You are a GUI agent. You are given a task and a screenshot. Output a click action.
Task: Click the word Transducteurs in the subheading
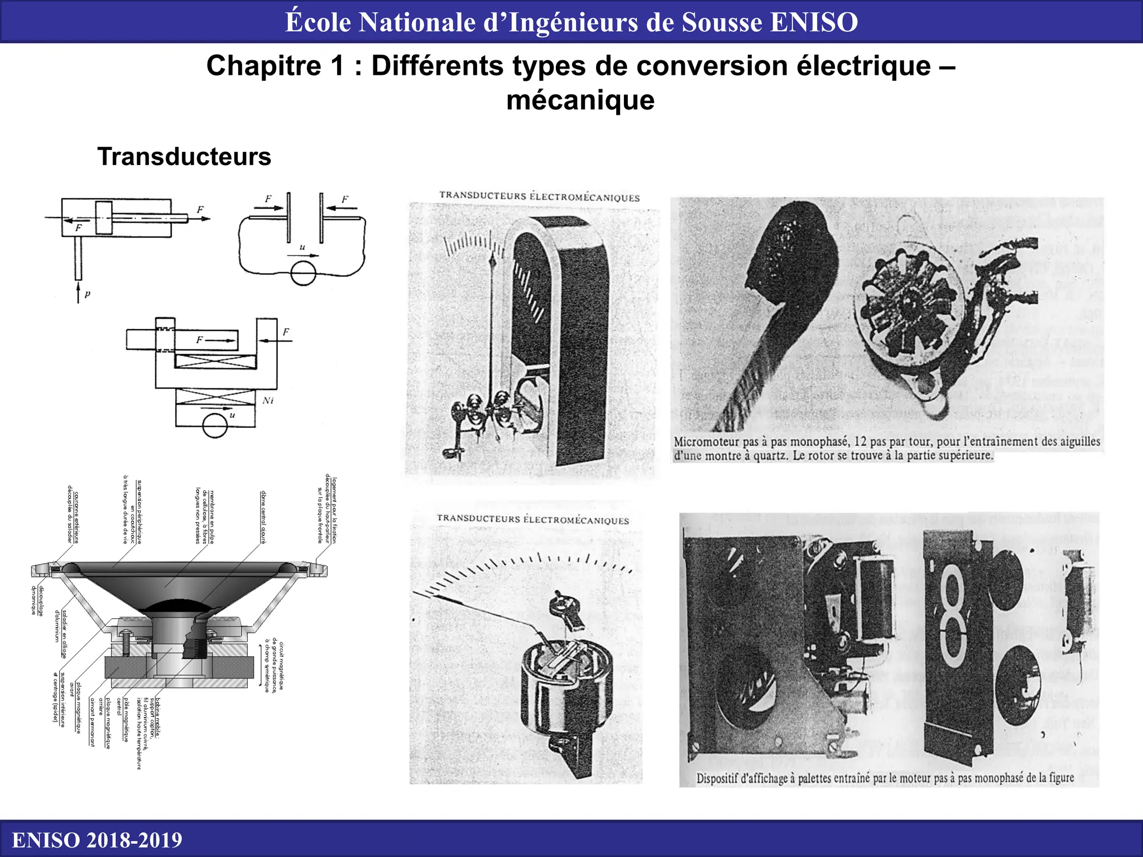(x=184, y=157)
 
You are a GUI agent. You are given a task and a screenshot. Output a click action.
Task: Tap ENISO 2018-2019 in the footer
(x=97, y=840)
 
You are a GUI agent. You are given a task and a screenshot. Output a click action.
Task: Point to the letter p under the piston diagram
(x=88, y=294)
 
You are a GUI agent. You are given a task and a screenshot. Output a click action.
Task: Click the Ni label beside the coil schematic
(x=268, y=401)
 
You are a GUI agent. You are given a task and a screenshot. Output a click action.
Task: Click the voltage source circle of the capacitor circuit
(x=303, y=273)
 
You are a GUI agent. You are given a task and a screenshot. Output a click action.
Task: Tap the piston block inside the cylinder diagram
(x=104, y=218)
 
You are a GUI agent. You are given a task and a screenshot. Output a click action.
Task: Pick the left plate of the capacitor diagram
(x=289, y=218)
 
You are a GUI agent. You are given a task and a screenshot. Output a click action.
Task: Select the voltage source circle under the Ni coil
(x=215, y=427)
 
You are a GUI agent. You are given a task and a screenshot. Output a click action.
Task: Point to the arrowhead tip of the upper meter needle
(x=492, y=261)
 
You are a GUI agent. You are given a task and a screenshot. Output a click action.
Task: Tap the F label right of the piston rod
(x=200, y=210)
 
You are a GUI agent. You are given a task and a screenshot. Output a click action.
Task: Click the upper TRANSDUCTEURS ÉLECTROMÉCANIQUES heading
(x=539, y=196)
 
